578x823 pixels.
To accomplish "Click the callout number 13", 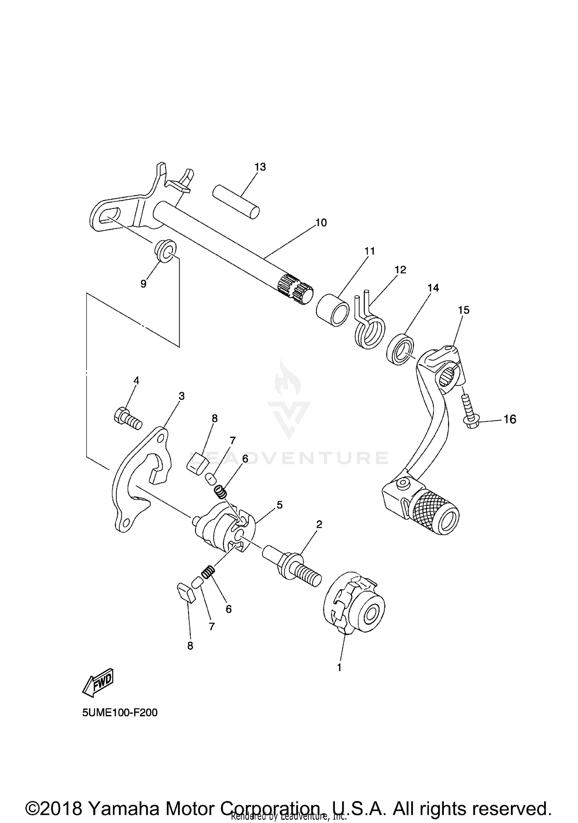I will point(260,167).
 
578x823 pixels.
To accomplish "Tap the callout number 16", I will point(510,419).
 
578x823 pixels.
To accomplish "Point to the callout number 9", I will point(143,284).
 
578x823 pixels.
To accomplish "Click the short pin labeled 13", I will point(236,202).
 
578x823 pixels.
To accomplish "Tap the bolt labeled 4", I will point(128,418).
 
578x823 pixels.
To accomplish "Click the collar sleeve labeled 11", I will point(333,310).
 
